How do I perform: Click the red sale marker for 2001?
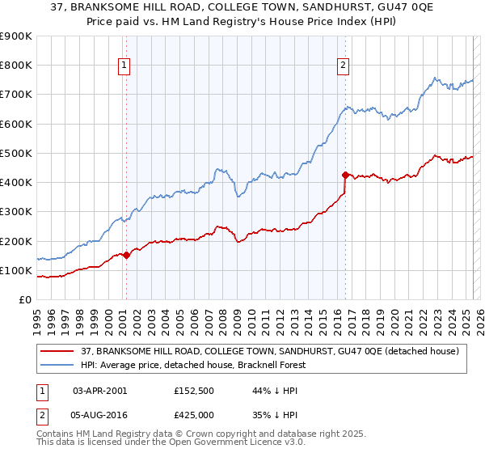(126, 255)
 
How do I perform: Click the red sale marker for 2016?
(345, 175)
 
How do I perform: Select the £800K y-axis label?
(16, 66)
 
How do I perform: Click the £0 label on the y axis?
(24, 299)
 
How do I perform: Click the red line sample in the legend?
(57, 350)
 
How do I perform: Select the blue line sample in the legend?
(57, 365)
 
